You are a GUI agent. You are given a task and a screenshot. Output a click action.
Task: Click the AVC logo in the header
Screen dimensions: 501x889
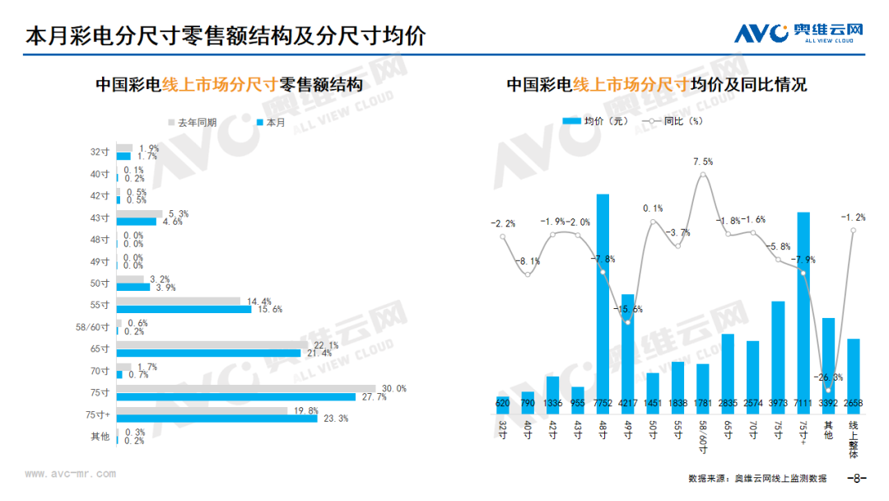coord(798,34)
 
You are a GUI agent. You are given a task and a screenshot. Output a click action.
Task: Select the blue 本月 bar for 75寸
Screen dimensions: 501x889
coord(235,397)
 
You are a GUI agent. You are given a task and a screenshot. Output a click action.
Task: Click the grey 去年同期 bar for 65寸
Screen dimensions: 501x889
coord(212,345)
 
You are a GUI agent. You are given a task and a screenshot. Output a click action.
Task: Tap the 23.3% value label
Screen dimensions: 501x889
coord(335,419)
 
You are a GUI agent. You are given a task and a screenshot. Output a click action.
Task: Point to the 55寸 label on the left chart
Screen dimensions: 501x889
coord(100,305)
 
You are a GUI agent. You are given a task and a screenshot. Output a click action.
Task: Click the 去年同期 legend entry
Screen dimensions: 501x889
coord(193,122)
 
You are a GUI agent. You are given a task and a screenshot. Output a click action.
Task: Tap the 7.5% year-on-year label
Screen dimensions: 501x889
coord(703,162)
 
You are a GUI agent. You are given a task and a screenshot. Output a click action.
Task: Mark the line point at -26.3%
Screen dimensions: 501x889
coord(828,389)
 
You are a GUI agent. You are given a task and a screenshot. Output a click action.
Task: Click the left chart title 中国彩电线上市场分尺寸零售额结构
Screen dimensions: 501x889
coord(228,85)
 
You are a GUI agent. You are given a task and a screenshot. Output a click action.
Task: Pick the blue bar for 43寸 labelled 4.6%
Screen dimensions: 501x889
coord(136,222)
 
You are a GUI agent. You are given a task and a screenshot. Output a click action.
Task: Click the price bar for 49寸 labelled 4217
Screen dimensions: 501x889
coord(627,350)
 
